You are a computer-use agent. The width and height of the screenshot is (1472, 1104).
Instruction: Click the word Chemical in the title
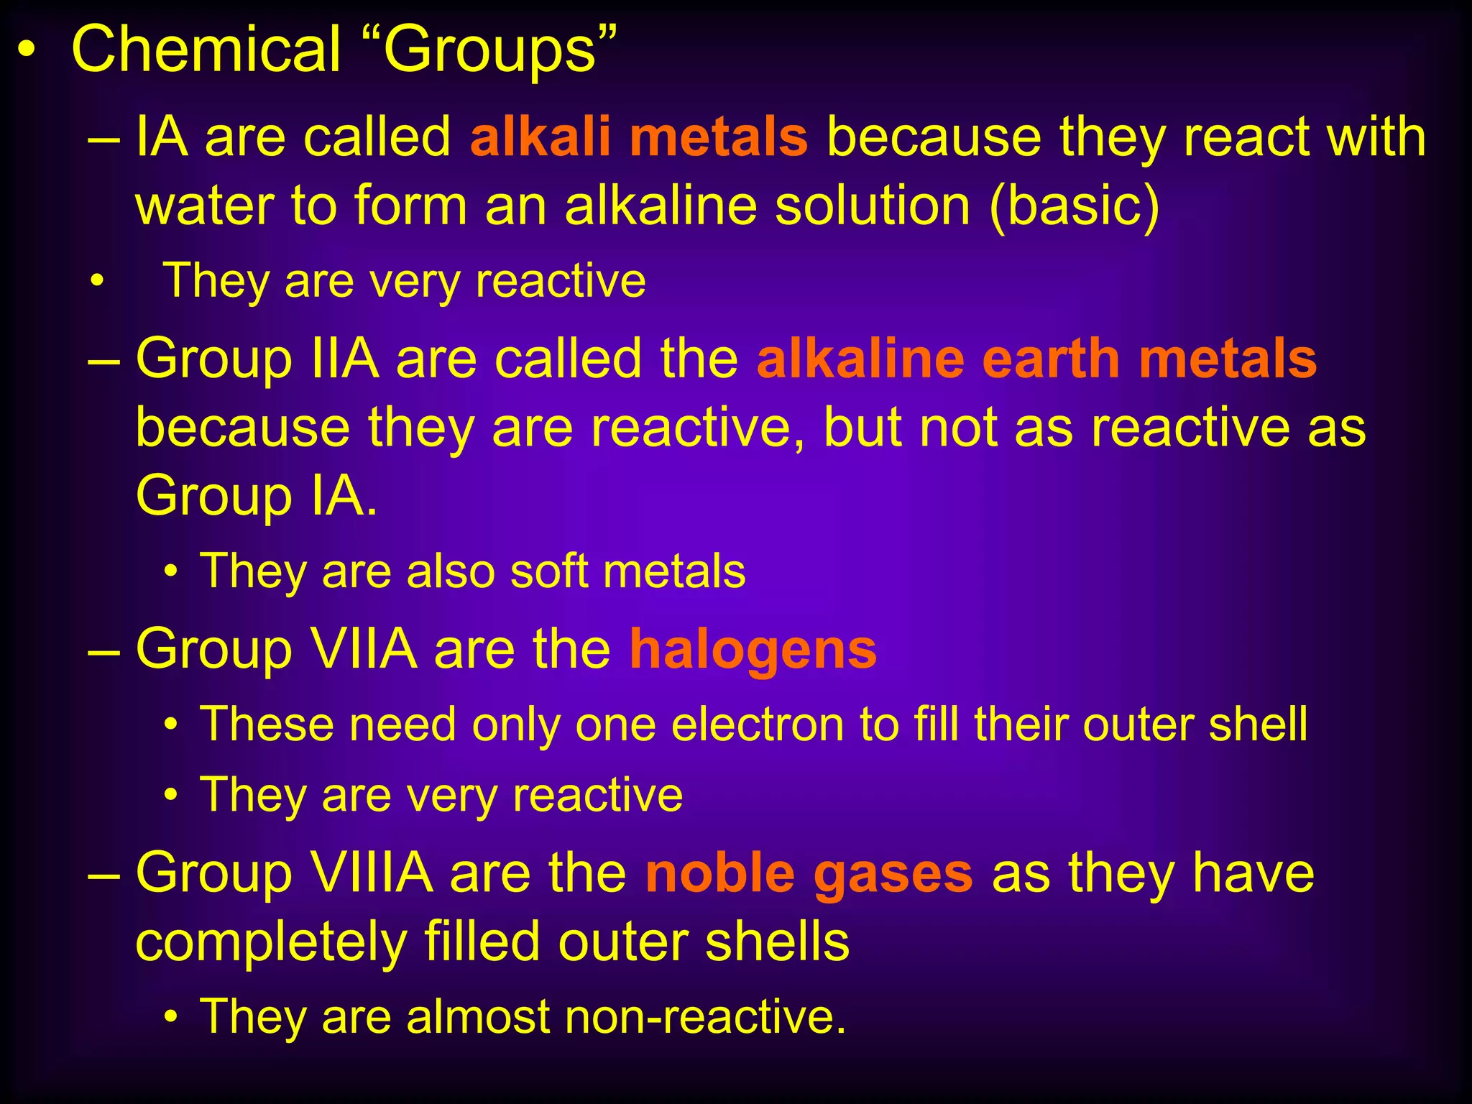coord(206,50)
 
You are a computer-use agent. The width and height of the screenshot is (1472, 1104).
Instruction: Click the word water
coord(205,206)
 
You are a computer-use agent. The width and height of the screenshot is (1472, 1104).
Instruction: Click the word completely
coord(270,944)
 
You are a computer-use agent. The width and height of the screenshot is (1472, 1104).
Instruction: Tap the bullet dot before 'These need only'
coord(170,725)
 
